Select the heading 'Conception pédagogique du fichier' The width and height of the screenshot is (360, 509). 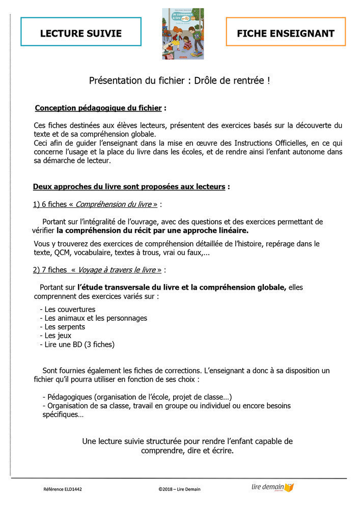pos(98,108)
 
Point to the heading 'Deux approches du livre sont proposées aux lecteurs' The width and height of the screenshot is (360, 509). pos(129,187)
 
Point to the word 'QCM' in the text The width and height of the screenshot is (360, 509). pos(62,252)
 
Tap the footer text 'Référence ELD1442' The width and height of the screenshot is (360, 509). pos(63,489)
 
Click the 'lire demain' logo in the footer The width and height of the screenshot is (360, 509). pos(272,487)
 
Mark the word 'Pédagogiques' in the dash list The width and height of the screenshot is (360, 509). pos(69,397)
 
